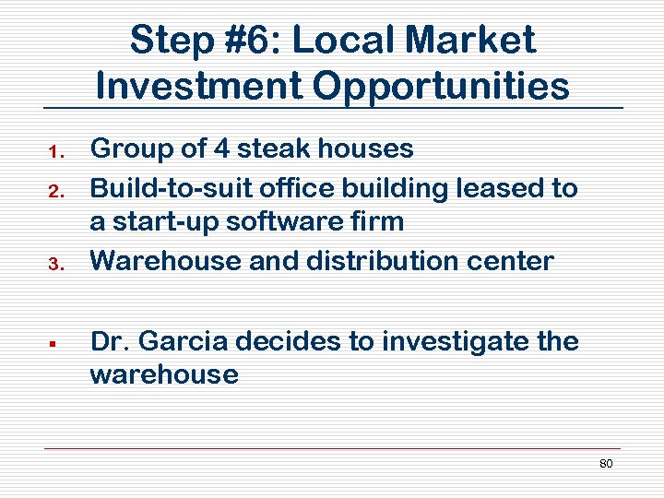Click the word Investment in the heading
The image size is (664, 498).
click(x=198, y=86)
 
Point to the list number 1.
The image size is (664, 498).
click(x=54, y=150)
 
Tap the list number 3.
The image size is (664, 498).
click(x=54, y=264)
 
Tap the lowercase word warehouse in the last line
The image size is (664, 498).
click(x=164, y=374)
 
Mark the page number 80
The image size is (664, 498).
click(x=605, y=463)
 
